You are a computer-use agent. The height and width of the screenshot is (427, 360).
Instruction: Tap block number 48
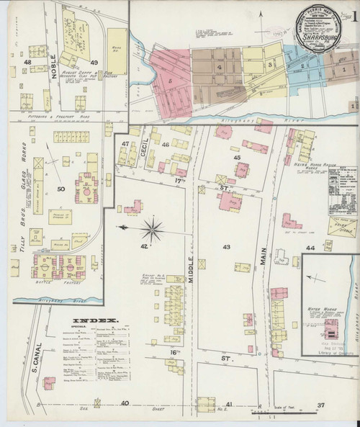[x=27, y=63]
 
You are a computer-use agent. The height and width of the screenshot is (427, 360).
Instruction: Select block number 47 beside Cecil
[x=125, y=144]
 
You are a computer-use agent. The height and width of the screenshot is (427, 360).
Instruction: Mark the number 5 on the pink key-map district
[x=171, y=81]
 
